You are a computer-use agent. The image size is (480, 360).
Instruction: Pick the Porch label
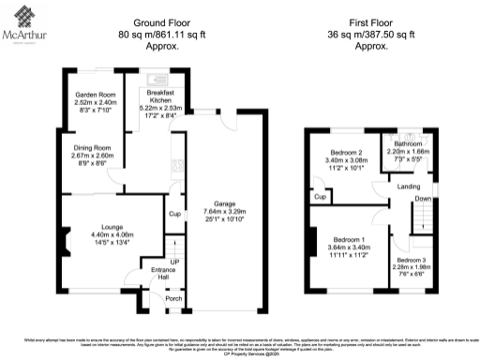(173, 299)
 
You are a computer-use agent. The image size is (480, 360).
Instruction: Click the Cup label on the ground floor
(173, 214)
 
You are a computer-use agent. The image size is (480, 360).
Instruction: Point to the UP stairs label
(173, 262)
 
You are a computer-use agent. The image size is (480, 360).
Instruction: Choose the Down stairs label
(424, 199)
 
